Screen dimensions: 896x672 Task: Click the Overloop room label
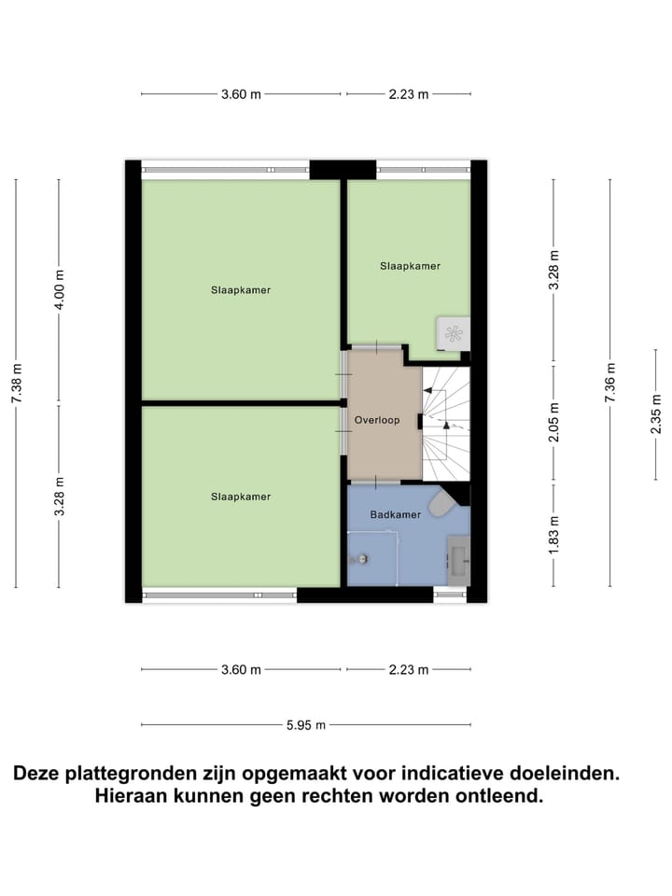pyautogui.click(x=376, y=420)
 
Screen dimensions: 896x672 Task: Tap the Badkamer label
pyautogui.click(x=395, y=514)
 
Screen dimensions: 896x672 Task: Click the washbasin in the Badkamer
pyautogui.click(x=458, y=559)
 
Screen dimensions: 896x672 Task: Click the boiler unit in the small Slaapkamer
pyautogui.click(x=454, y=334)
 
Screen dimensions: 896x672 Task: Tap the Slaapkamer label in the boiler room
pyautogui.click(x=410, y=266)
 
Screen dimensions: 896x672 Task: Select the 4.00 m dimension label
pyautogui.click(x=59, y=289)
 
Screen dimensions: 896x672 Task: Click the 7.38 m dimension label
pyautogui.click(x=16, y=383)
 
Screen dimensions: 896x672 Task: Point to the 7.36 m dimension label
pyautogui.click(x=610, y=383)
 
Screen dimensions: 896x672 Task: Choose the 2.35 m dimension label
pyautogui.click(x=656, y=415)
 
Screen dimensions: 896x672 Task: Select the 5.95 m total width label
pyautogui.click(x=306, y=724)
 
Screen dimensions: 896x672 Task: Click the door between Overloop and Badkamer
pyautogui.click(x=375, y=483)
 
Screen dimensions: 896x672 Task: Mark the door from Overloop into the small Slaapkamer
pyautogui.click(x=376, y=346)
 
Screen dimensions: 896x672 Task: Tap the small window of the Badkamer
pyautogui.click(x=451, y=595)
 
